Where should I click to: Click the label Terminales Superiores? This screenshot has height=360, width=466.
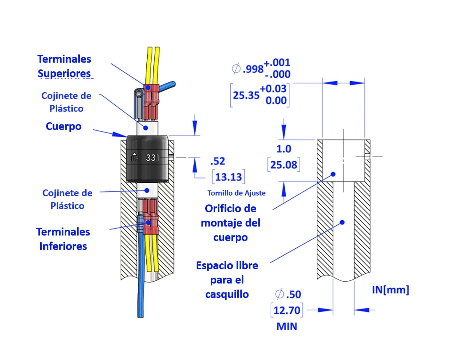pyautogui.click(x=64, y=66)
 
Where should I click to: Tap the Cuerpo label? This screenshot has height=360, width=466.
pyautogui.click(x=63, y=126)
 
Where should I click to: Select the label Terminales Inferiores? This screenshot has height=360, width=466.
pyautogui.click(x=63, y=239)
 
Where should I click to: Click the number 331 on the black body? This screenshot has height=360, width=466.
pyautogui.click(x=152, y=157)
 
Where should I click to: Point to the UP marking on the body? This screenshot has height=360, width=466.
pyautogui.click(x=134, y=157)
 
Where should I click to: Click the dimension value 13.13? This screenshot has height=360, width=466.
pyautogui.click(x=228, y=177)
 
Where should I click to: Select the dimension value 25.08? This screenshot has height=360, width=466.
pyautogui.click(x=284, y=165)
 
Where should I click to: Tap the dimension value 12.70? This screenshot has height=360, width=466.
pyautogui.click(x=287, y=310)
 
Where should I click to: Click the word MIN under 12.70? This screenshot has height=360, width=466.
pyautogui.click(x=287, y=326)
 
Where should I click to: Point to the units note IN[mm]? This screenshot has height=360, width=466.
pyautogui.click(x=390, y=290)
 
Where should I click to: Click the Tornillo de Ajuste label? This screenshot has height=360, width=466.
pyautogui.click(x=236, y=193)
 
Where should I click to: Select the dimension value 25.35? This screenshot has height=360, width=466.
pyautogui.click(x=246, y=95)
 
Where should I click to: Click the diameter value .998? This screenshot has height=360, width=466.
pyautogui.click(x=253, y=68)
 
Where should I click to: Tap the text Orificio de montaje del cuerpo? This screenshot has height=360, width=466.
pyautogui.click(x=231, y=223)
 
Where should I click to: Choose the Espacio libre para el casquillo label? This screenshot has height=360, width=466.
pyautogui.click(x=227, y=280)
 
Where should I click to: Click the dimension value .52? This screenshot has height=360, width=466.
pyautogui.click(x=218, y=161)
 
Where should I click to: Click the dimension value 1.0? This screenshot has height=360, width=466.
pyautogui.click(x=284, y=149)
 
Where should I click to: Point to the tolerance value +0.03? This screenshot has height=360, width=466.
pyautogui.click(x=273, y=88)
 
